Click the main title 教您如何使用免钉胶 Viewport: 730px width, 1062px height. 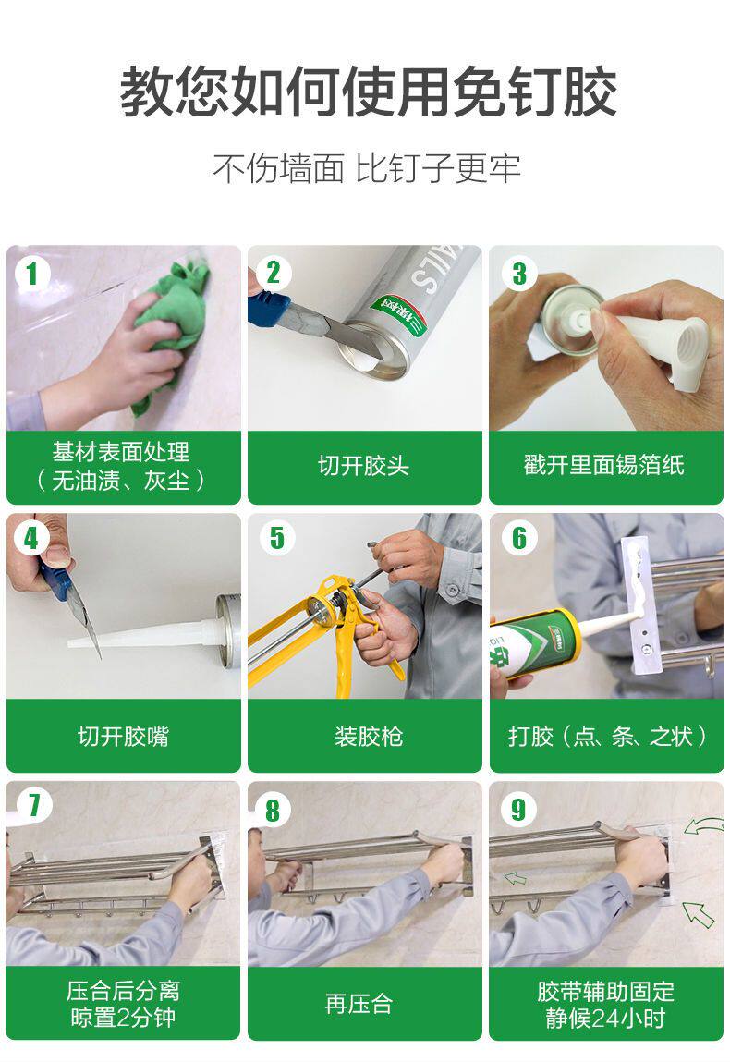pyautogui.click(x=368, y=92)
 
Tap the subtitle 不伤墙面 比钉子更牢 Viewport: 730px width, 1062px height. pyautogui.click(x=367, y=168)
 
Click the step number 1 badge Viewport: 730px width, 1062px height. pyautogui.click(x=31, y=275)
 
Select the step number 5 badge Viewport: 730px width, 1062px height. pyautogui.click(x=276, y=538)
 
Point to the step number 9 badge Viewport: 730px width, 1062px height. pyautogui.click(x=518, y=809)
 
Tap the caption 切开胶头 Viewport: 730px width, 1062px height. pyautogui.click(x=364, y=466)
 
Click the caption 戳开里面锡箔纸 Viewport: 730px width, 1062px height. pyautogui.click(x=604, y=465)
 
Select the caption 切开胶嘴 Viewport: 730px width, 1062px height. pyautogui.click(x=123, y=737)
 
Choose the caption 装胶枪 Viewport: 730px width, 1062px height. pyautogui.click(x=369, y=737)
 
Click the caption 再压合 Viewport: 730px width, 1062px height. pyautogui.click(x=359, y=1004)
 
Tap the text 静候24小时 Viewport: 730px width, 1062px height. pyautogui.click(x=604, y=1018)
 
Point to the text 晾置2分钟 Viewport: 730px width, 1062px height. pyautogui.click(x=123, y=1018)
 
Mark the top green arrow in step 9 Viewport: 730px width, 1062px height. pyautogui.click(x=703, y=825)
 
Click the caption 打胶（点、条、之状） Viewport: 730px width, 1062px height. pyautogui.click(x=607, y=737)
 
